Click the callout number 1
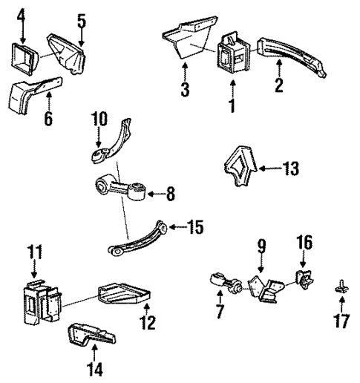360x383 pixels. tap(231, 106)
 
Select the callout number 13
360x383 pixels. tap(291, 169)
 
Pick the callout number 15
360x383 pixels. tap(195, 226)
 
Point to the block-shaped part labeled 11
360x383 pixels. tap(39, 300)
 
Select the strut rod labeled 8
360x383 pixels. tap(122, 191)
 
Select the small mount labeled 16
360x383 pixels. tap(304, 280)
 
